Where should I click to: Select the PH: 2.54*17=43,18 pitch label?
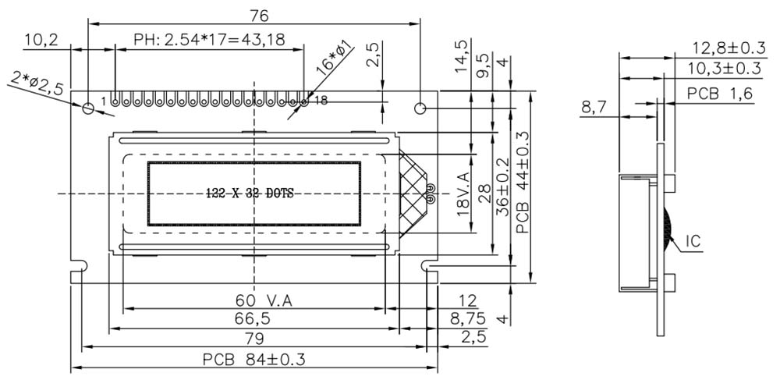pos(209,40)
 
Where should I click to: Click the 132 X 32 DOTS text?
pos(250,194)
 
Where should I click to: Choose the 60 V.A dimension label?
pos(255,300)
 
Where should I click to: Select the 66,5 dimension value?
pos(253,320)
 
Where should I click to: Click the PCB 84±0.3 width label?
pos(254,360)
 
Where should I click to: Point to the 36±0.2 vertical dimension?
pos(503,188)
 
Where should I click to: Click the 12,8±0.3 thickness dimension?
pos(726,48)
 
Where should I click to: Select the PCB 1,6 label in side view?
pos(719,94)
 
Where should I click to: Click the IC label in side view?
pos(692,243)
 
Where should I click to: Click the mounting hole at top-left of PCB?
pos(88,108)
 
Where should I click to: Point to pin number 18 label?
pos(321,100)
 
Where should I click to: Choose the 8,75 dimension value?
pos(468,320)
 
